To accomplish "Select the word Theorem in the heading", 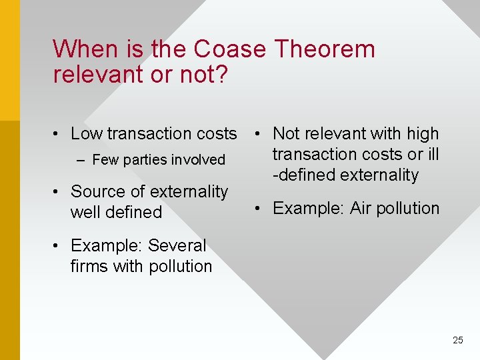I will [325, 49].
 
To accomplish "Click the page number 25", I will [457, 340].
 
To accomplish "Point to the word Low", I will [86, 134].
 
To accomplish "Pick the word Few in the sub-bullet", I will [105, 160].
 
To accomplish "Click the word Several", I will [177, 246].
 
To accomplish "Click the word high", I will [423, 134].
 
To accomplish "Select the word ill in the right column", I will [433, 155].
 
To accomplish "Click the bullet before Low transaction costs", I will [59, 134].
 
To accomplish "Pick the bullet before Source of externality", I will [59, 192].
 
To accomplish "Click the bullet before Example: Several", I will [59, 246].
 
